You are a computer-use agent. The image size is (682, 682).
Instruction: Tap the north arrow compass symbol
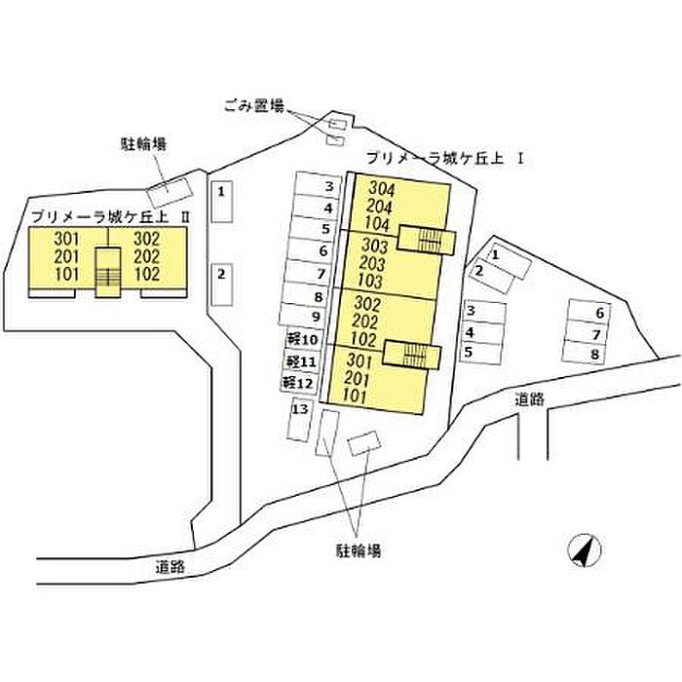point(582,552)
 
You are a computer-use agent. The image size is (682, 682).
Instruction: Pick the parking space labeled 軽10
point(303,339)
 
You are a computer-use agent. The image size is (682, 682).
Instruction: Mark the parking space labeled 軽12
point(298,383)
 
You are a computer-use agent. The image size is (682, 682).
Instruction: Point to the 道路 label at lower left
point(170,565)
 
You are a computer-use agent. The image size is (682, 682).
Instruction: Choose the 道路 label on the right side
point(532,398)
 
